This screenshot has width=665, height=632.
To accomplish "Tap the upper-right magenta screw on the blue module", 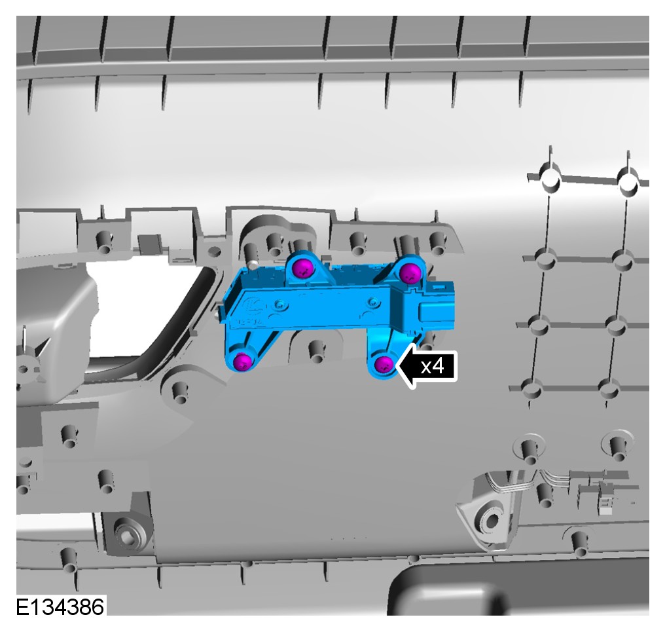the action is pyautogui.click(x=409, y=272).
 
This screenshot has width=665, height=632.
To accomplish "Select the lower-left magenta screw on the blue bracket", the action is pyautogui.click(x=243, y=362).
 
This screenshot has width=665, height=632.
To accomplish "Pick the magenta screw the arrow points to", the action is pyautogui.click(x=384, y=364).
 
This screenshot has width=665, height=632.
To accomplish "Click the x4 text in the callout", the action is pyautogui.click(x=432, y=365).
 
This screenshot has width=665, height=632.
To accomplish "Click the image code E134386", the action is pyautogui.click(x=60, y=607).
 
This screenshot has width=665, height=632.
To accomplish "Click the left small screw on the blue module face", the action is pyautogui.click(x=279, y=305).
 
